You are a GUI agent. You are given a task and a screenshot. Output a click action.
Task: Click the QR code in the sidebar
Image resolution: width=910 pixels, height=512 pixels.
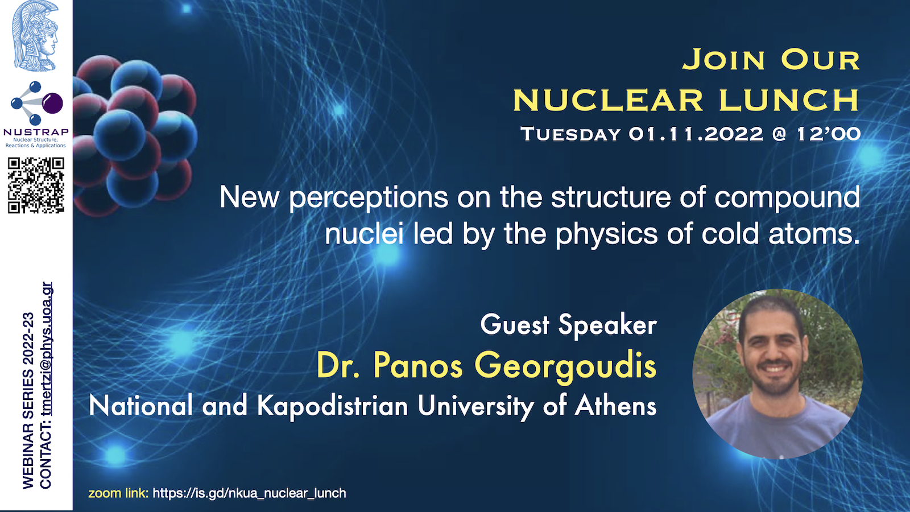(x=36, y=185)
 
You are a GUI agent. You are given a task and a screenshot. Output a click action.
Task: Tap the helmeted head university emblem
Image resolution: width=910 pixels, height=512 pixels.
(x=36, y=36)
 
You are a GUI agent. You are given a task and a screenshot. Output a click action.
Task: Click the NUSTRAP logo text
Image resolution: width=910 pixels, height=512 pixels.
(x=36, y=132)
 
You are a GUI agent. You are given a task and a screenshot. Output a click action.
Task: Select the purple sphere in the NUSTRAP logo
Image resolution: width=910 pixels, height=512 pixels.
(x=53, y=103)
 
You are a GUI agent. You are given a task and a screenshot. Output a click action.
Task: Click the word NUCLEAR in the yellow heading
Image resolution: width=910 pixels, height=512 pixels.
(x=608, y=100)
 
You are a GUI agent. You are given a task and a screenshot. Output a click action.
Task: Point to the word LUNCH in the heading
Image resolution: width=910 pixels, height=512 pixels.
(x=789, y=100)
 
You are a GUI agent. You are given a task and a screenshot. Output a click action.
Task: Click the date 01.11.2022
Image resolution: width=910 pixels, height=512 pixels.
(x=696, y=134)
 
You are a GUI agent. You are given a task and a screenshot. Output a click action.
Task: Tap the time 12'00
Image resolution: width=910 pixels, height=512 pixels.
(x=829, y=134)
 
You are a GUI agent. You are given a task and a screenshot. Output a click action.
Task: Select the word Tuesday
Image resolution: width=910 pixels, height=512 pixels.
(x=571, y=134)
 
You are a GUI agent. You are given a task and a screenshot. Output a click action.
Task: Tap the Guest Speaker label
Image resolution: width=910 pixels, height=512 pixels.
(x=568, y=325)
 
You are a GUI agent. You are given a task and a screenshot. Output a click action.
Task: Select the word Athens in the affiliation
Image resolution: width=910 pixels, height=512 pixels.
(x=615, y=406)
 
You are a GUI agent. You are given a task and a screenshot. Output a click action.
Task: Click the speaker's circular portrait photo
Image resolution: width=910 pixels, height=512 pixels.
(x=777, y=374)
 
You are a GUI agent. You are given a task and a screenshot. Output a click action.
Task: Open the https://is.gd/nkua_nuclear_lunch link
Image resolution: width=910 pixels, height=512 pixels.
(x=250, y=493)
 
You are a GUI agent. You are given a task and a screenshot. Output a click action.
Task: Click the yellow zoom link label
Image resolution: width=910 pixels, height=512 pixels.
(x=118, y=493)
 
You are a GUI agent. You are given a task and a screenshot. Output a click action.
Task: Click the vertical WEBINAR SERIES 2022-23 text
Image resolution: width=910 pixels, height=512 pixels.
(x=28, y=400)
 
